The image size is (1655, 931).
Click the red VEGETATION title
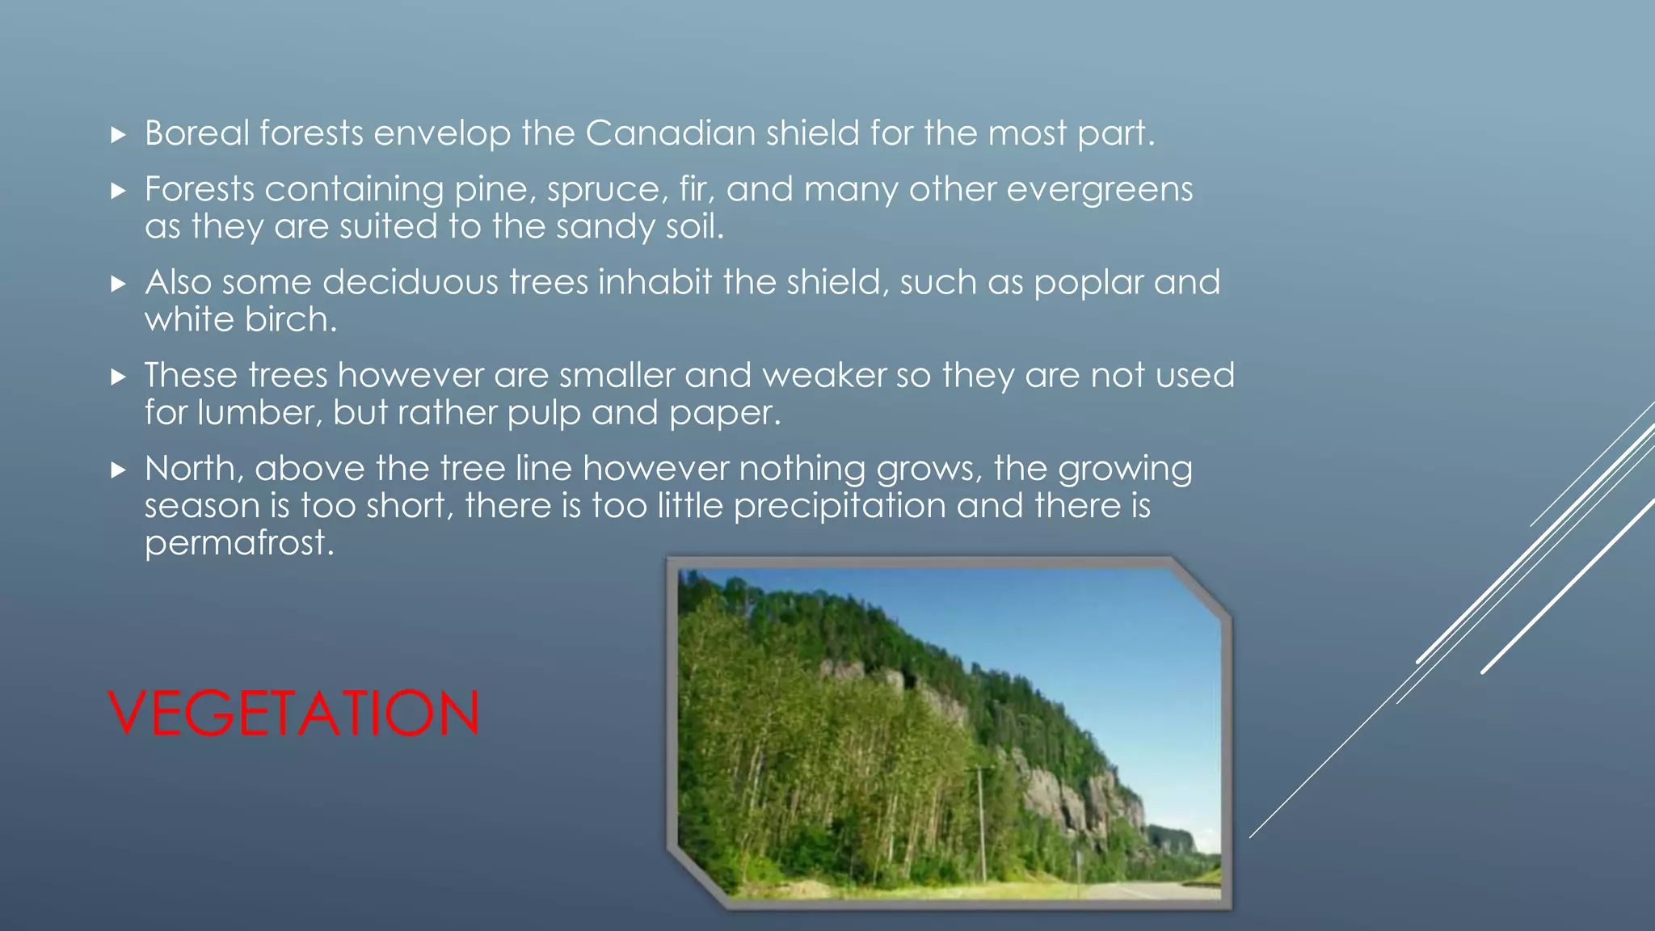[x=294, y=713]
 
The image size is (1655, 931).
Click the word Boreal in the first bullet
[x=197, y=133]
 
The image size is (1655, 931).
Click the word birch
[x=290, y=320]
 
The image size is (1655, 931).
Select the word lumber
[x=259, y=413]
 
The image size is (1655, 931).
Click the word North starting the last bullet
[x=191, y=469]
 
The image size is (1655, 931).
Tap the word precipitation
[x=840, y=507]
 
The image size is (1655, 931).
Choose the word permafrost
[x=239, y=544]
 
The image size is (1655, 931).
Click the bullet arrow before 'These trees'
[x=119, y=377]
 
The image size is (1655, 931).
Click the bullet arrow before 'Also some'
[x=119, y=284]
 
